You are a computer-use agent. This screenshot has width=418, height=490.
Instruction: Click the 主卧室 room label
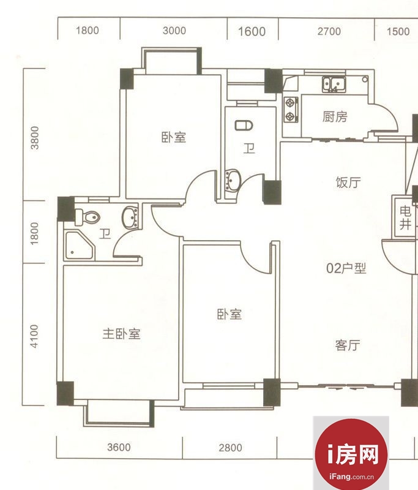tap(121, 334)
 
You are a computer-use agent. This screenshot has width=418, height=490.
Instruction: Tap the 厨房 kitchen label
tap(335, 117)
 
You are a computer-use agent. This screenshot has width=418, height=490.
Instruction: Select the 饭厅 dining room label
tap(348, 182)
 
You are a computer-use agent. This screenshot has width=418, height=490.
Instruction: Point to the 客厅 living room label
tap(348, 345)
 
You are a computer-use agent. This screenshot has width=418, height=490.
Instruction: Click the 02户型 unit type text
tap(346, 268)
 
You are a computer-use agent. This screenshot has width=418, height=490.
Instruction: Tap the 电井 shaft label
tap(405, 218)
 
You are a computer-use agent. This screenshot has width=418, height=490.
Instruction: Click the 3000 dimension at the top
tap(174, 31)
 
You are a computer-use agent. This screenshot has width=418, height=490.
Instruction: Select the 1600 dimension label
tap(252, 32)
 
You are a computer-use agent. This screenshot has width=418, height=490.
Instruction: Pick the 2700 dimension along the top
tap(329, 31)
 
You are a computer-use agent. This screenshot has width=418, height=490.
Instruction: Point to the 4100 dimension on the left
tap(34, 336)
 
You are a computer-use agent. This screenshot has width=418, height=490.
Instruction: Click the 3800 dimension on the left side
tap(35, 138)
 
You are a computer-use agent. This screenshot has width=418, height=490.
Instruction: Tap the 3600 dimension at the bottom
tap(119, 447)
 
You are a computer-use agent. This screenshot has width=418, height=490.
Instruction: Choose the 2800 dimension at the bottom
tap(230, 448)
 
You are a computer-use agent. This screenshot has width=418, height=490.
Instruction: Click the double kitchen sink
tap(334, 85)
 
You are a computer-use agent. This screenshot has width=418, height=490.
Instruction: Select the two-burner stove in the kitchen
tap(291, 110)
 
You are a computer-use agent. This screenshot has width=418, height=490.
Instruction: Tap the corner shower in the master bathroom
tap(80, 246)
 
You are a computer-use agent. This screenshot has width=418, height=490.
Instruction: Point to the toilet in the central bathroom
tap(244, 126)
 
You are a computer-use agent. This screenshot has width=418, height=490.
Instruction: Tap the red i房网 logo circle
tap(351, 454)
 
